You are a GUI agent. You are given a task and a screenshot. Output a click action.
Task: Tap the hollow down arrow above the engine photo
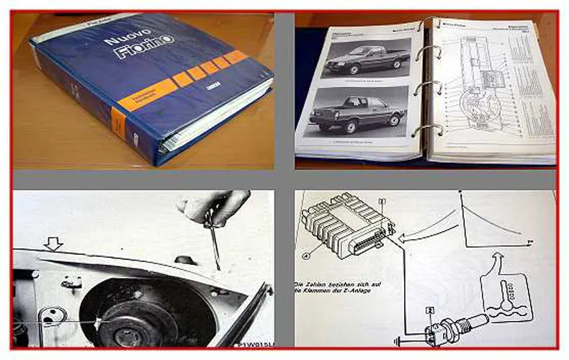[53, 244]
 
